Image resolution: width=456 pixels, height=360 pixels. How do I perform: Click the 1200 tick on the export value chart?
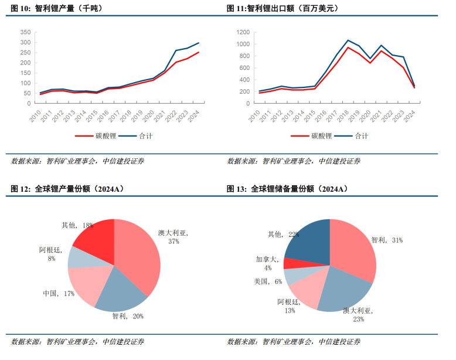coord(243,32)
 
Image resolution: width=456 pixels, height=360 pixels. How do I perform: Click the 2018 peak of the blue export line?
coord(348,40)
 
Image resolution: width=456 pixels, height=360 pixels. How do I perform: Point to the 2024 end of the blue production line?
coord(199,43)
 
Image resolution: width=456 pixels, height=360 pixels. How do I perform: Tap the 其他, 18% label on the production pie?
coord(77,225)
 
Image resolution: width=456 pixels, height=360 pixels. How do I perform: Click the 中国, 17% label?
coord(59,293)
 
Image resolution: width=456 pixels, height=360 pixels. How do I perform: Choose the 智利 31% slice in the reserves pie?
coord(355,249)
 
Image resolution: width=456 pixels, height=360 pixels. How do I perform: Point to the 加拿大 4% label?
coord(264,263)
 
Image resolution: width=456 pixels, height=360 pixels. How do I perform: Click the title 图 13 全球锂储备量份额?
coord(287,189)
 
